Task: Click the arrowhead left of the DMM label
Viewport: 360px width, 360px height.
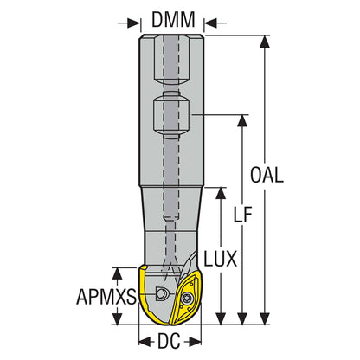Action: point(137,17)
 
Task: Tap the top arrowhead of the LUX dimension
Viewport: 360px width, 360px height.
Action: point(220,189)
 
